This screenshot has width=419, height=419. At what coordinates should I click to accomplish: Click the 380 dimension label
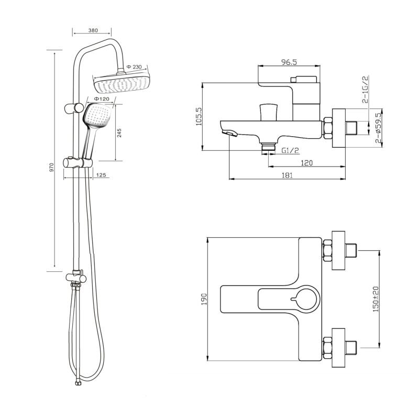93,30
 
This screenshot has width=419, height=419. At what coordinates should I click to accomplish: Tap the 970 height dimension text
52,167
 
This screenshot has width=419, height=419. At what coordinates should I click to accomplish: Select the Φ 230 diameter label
134,67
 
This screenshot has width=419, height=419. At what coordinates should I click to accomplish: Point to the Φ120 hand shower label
101,99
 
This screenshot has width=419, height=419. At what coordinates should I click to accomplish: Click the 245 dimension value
119,133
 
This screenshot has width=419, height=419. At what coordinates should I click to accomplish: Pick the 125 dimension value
101,175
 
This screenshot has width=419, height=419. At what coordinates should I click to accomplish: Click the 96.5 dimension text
289,62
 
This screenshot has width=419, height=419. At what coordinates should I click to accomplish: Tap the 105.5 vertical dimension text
200,116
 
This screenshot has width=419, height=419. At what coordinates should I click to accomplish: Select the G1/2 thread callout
290,150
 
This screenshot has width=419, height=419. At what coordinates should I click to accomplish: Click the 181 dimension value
287,175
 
